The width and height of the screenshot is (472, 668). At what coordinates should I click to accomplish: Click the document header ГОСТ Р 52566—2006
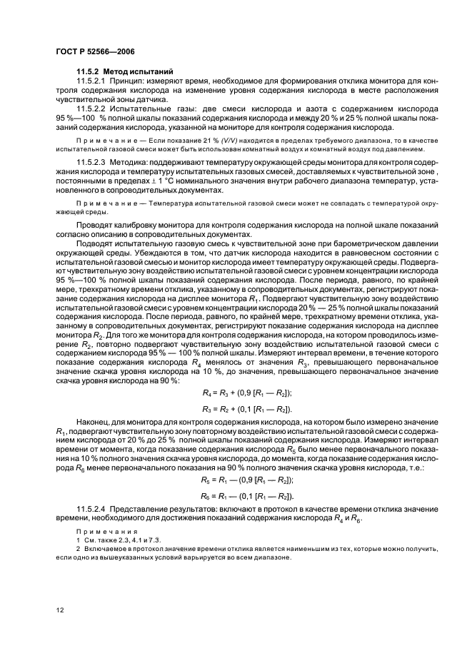pos(95,51)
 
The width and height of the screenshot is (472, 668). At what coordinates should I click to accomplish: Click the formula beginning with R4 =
pos(247,393)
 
